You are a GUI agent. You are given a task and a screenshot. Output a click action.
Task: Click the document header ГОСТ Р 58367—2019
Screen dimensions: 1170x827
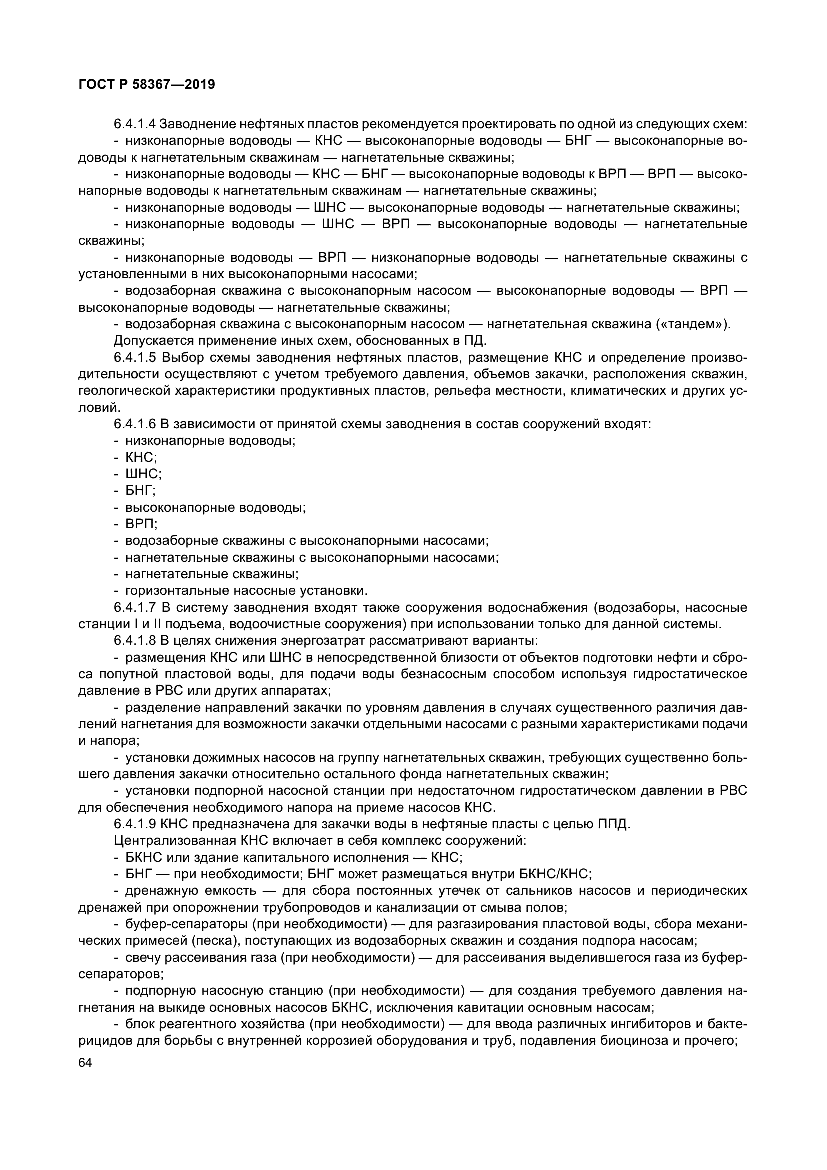pyautogui.click(x=147, y=85)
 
